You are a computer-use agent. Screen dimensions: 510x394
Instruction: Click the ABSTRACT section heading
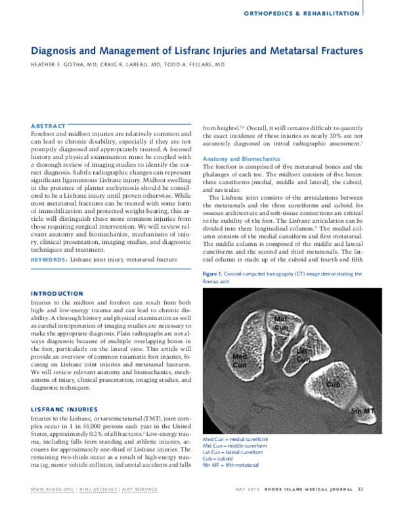[48, 126]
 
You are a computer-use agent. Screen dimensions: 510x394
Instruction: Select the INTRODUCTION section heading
[56, 293]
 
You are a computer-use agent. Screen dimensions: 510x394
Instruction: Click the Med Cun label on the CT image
[240, 359]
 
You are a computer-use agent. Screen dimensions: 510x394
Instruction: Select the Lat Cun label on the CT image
[302, 355]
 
